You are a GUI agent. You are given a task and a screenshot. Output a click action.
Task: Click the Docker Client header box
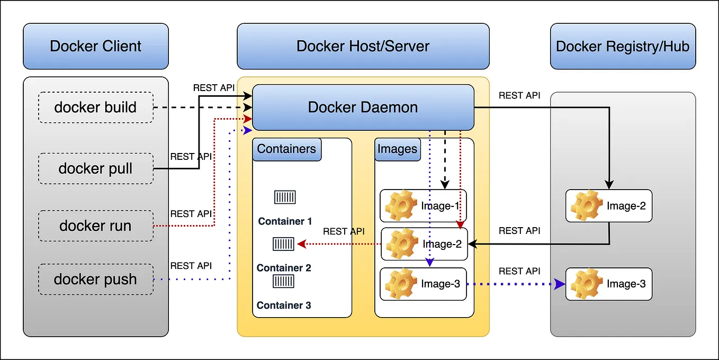(x=96, y=46)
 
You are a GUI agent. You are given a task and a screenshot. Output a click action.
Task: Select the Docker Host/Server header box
(x=363, y=46)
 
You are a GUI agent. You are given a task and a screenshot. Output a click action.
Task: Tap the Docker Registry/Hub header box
(x=622, y=46)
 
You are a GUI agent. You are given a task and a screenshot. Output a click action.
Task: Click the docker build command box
(x=96, y=107)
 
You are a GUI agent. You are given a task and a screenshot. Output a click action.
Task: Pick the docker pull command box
(x=96, y=169)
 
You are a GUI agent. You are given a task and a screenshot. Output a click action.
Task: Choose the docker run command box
(x=96, y=226)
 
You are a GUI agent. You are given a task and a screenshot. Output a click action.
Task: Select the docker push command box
(x=96, y=279)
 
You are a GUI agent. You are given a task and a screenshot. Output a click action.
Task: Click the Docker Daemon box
(x=363, y=107)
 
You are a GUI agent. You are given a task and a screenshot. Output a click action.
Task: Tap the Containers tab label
(x=286, y=149)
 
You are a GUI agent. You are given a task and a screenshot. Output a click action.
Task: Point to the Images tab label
(x=397, y=149)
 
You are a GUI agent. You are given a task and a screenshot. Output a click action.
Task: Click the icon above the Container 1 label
(x=284, y=197)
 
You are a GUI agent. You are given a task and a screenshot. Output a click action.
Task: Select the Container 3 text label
(x=284, y=305)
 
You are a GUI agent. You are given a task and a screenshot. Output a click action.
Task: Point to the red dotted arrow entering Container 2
(x=339, y=244)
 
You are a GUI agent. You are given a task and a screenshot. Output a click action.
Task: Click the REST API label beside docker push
(x=191, y=266)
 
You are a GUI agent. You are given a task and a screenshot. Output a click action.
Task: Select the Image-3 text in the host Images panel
(x=441, y=284)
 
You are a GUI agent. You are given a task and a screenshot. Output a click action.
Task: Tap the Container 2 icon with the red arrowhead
(x=283, y=244)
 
